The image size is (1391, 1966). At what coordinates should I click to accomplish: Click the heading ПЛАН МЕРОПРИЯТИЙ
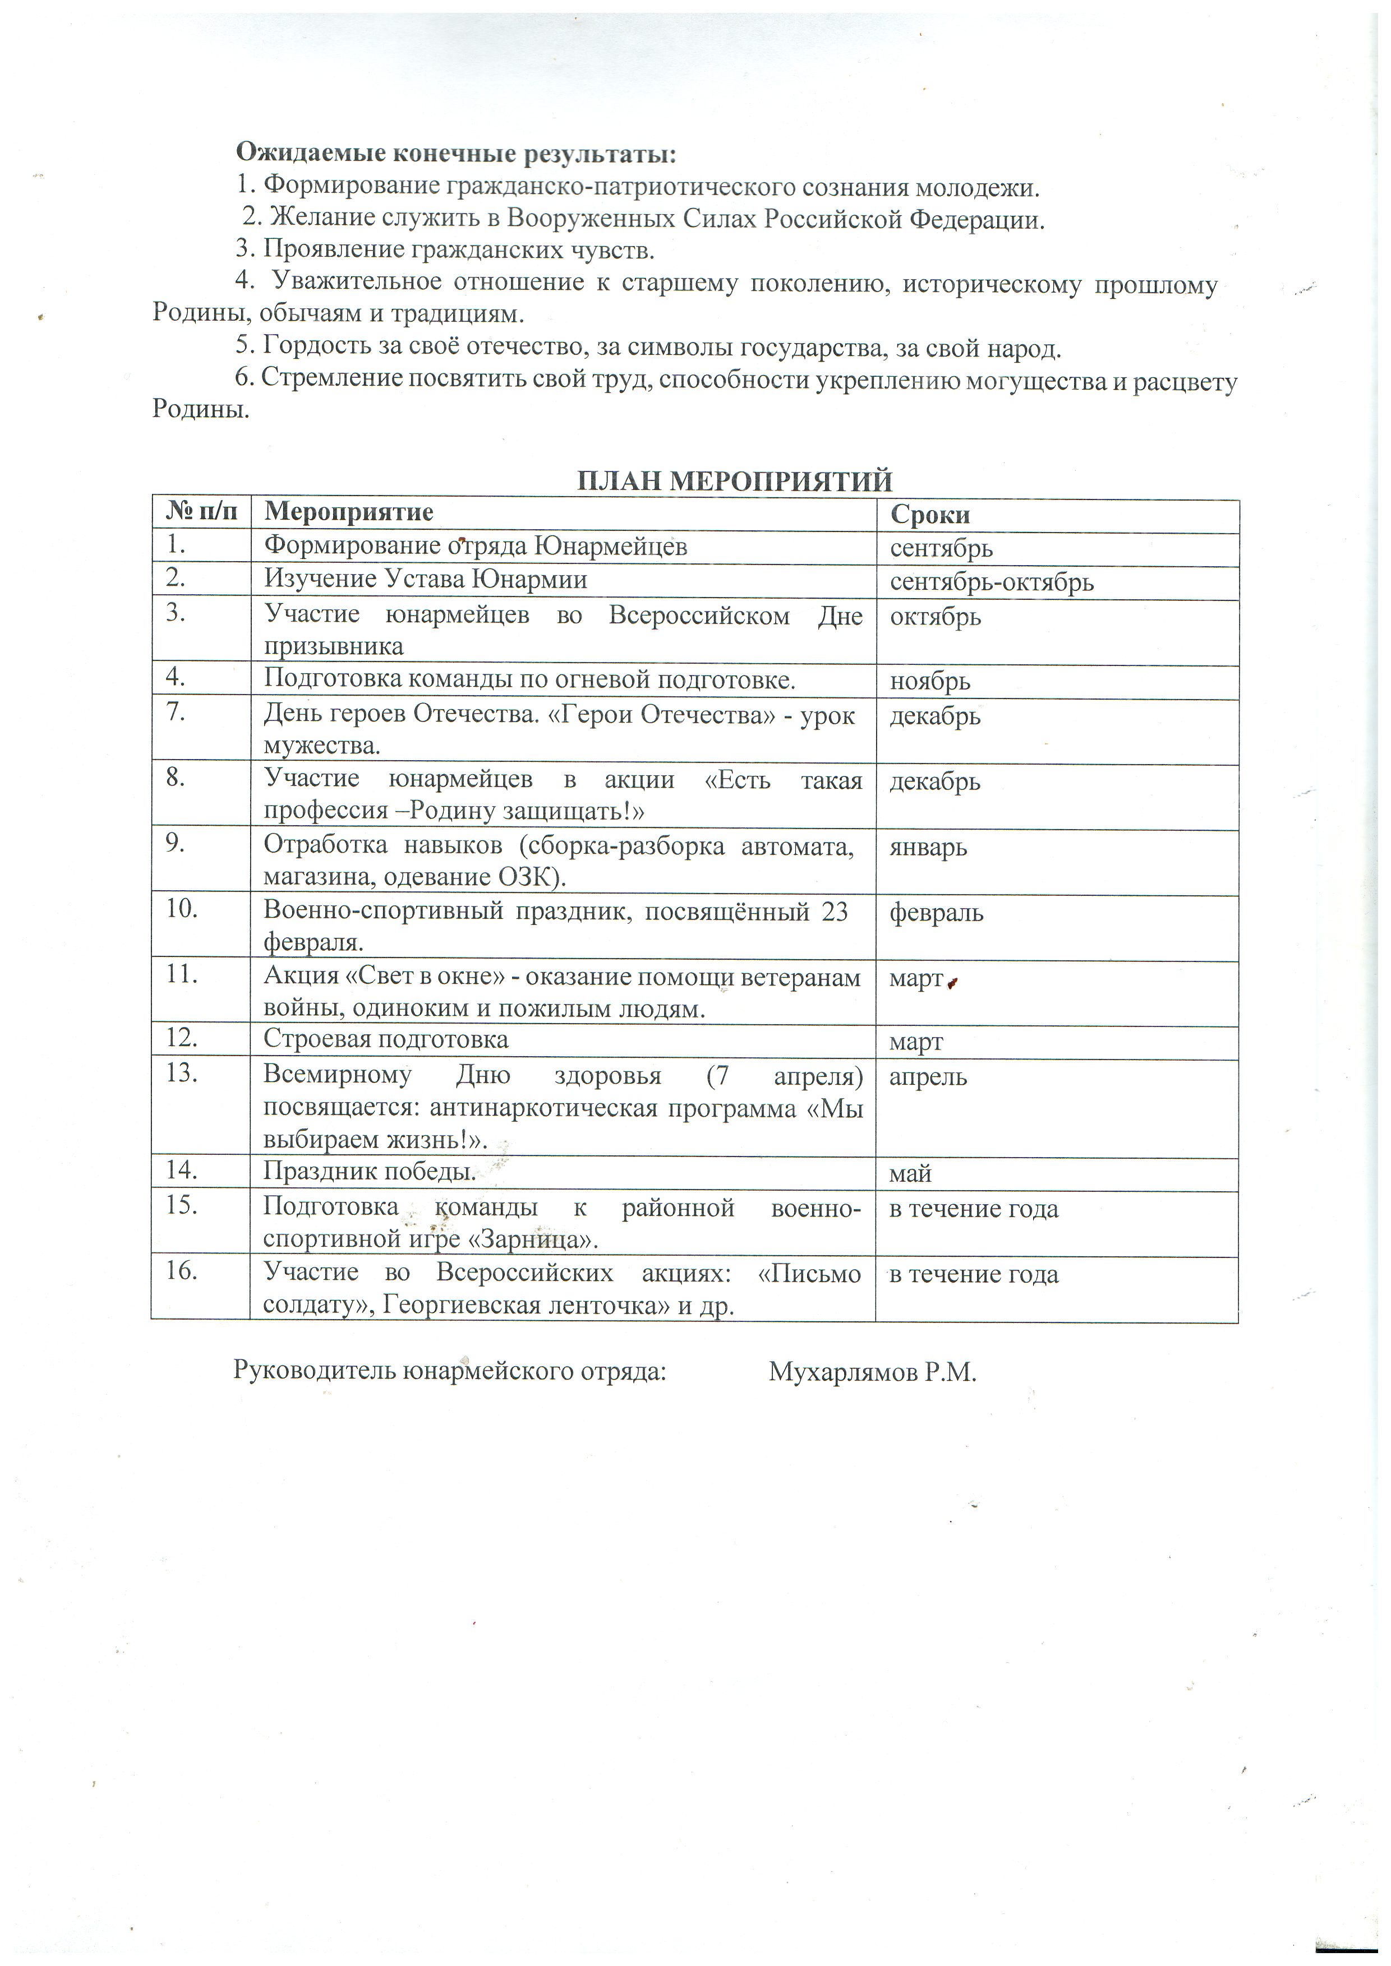click(x=734, y=480)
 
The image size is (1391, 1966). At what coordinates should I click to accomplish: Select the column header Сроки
click(x=929, y=515)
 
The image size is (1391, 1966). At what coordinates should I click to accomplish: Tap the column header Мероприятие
click(x=349, y=512)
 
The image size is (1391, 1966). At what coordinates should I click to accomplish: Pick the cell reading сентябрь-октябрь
click(x=992, y=582)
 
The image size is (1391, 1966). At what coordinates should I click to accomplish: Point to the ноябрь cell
click(x=929, y=682)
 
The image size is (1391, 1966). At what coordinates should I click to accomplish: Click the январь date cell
click(x=928, y=847)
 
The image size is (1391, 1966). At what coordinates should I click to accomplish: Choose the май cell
click(x=910, y=1174)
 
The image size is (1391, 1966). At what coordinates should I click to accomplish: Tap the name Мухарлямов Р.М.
click(x=872, y=1372)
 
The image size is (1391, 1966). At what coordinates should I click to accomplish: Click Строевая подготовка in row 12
click(x=385, y=1039)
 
